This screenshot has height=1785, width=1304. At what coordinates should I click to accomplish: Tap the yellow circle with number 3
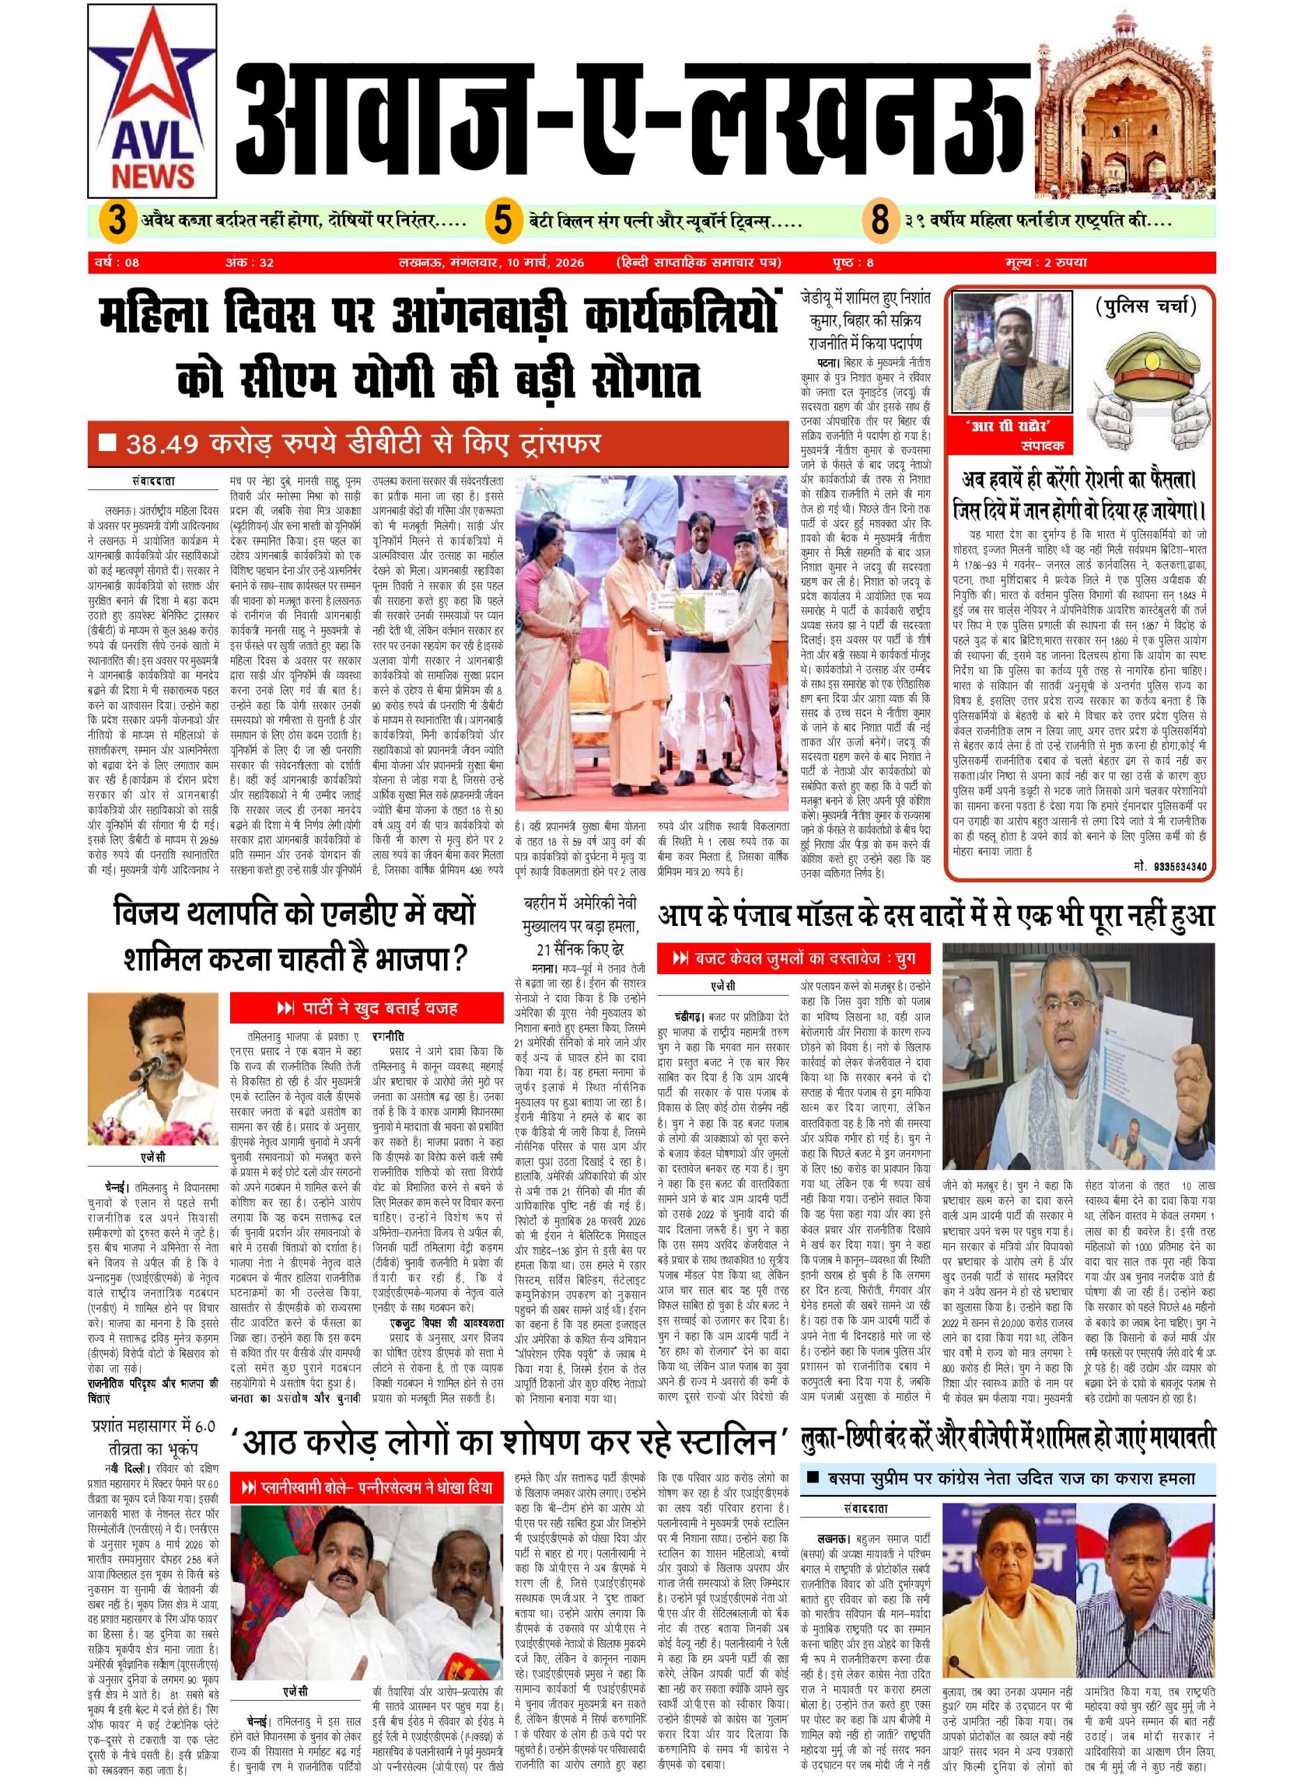pyautogui.click(x=117, y=220)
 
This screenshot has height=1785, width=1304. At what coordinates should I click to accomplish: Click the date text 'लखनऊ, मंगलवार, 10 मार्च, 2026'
pyautogui.click(x=493, y=262)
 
